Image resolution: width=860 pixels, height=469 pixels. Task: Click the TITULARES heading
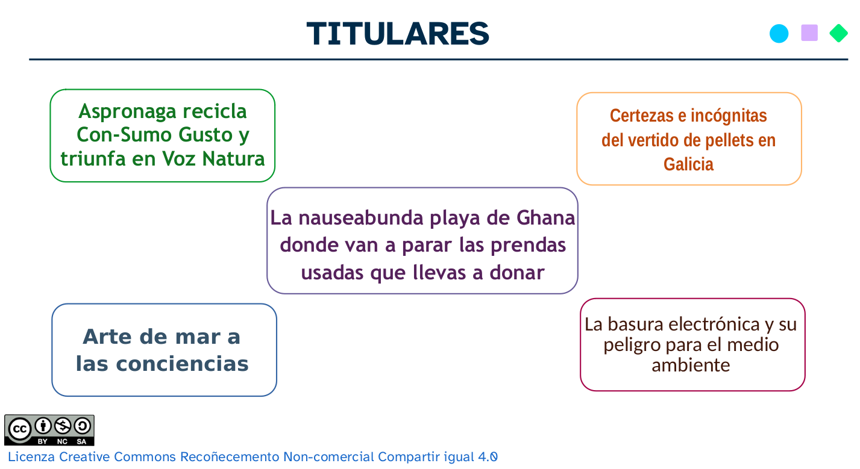pos(398,34)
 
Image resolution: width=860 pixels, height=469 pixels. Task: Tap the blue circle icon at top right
pos(779,34)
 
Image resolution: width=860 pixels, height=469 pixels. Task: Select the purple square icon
pos(809,33)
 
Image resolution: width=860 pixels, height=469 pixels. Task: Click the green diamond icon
pos(838,33)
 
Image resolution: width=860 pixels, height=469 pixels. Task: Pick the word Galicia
pos(688,164)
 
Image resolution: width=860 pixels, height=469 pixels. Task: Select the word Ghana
pos(546,217)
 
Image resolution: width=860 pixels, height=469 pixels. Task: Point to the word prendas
pos(527,245)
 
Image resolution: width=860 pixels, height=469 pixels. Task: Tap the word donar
pos(516,273)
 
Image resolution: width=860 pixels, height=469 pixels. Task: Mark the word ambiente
pos(691,365)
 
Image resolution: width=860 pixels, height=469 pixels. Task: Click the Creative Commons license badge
pos(49,430)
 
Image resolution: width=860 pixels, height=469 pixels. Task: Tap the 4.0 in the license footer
pos(488,457)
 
